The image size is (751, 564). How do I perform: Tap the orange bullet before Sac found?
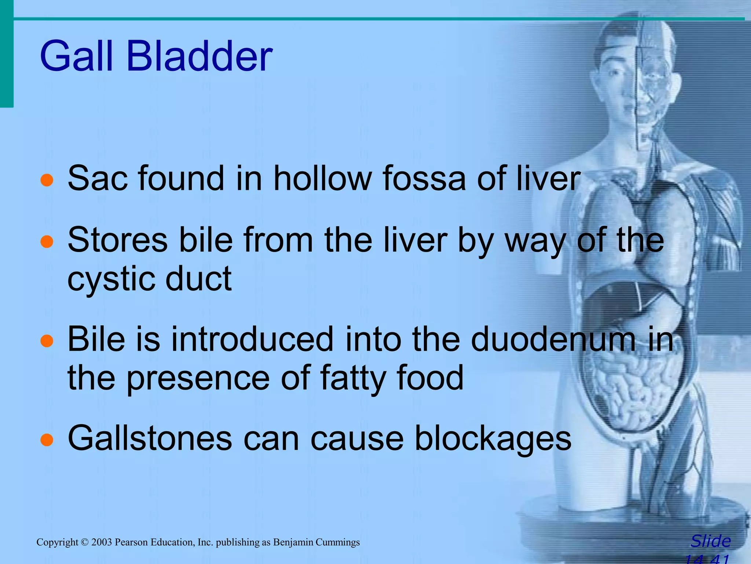[47, 180]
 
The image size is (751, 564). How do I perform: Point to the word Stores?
[117, 240]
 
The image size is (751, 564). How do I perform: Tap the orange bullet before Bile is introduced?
[47, 341]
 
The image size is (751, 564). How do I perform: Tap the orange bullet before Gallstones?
[47, 440]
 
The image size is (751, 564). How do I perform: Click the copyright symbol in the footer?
[85, 542]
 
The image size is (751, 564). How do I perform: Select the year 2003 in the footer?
[102, 542]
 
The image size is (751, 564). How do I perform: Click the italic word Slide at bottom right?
[710, 541]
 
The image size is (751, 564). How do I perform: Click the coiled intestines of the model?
[631, 389]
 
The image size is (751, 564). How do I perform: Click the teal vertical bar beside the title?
[6, 55]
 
